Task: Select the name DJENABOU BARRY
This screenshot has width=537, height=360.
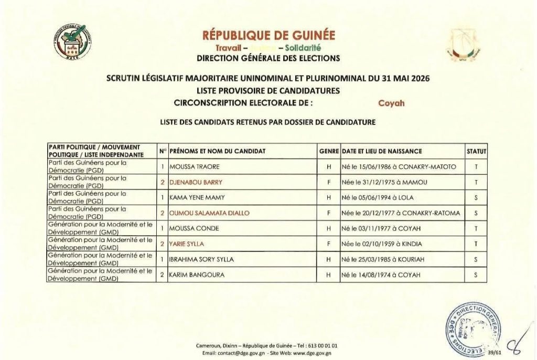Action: [196, 182]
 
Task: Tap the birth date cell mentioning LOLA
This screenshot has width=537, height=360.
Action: [374, 198]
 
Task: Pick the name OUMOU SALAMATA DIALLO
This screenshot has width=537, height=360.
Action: [209, 213]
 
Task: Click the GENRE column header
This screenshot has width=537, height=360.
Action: [329, 151]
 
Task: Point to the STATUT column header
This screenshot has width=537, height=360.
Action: [476, 151]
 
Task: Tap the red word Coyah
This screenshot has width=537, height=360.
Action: [391, 103]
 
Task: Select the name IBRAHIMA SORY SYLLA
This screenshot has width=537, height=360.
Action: [201, 259]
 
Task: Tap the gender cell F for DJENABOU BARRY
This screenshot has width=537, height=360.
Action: [329, 182]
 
